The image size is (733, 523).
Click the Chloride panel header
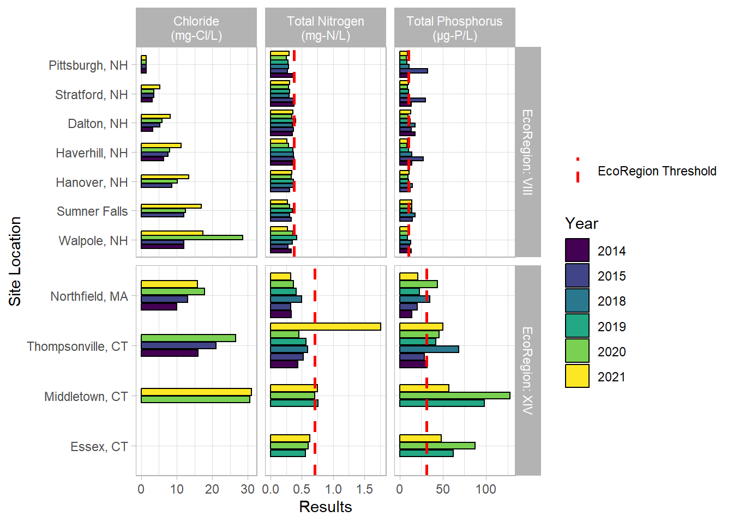point(196,28)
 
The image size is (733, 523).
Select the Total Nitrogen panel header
point(326,28)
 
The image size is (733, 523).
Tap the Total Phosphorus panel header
point(454,28)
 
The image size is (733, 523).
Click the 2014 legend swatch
point(577,251)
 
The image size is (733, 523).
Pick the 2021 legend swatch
point(577,376)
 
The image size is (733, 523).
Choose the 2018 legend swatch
point(577,301)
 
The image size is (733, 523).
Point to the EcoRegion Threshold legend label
point(657,171)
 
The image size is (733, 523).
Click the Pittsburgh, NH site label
point(88,65)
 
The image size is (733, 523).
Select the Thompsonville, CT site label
point(77,346)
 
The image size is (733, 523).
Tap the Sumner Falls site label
point(92,211)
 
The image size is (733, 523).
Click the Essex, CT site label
point(99,447)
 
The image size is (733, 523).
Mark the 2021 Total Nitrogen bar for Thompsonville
point(326,327)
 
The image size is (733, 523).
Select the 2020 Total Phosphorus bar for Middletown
point(455,396)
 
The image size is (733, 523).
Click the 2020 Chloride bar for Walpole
point(192,238)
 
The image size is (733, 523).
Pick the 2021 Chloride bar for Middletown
point(196,392)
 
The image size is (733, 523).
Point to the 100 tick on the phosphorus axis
point(486,489)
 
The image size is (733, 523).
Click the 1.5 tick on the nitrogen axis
point(365,489)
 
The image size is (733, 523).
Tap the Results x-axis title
point(326,507)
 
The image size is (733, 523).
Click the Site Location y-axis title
point(15,261)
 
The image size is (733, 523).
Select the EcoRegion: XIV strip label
point(527,370)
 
